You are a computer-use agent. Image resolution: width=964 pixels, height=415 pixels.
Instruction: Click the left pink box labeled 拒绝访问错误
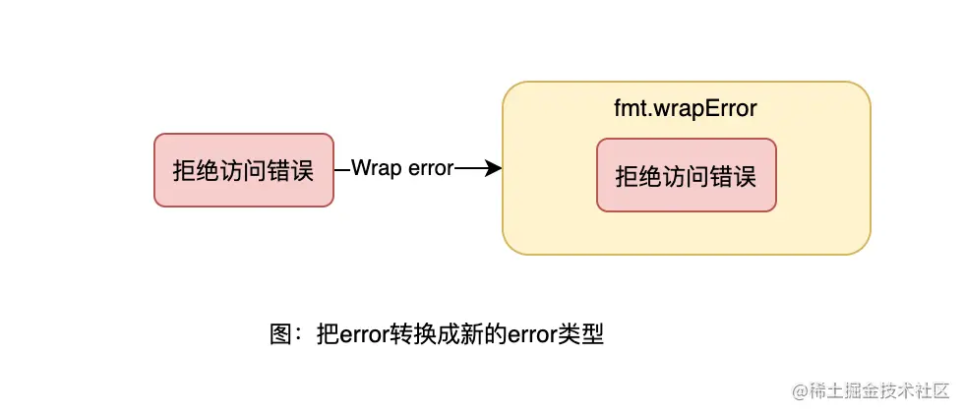pos(244,170)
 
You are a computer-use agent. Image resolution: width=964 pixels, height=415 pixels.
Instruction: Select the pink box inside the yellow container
pos(686,175)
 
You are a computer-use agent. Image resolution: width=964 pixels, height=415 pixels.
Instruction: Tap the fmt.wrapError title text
pos(686,108)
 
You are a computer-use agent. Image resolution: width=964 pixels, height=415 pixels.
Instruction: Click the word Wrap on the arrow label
pos(373,169)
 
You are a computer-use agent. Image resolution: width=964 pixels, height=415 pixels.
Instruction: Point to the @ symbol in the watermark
pos(800,390)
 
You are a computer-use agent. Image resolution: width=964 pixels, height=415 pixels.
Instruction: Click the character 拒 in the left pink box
pos(184,170)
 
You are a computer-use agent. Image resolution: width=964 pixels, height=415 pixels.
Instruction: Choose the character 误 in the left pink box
pos(302,170)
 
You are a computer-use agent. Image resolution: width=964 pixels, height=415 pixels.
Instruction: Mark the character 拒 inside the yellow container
pos(627,176)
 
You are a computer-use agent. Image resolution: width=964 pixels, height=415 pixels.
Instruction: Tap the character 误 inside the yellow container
pos(745,176)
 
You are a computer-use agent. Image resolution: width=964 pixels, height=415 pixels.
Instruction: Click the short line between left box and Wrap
pos(342,169)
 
